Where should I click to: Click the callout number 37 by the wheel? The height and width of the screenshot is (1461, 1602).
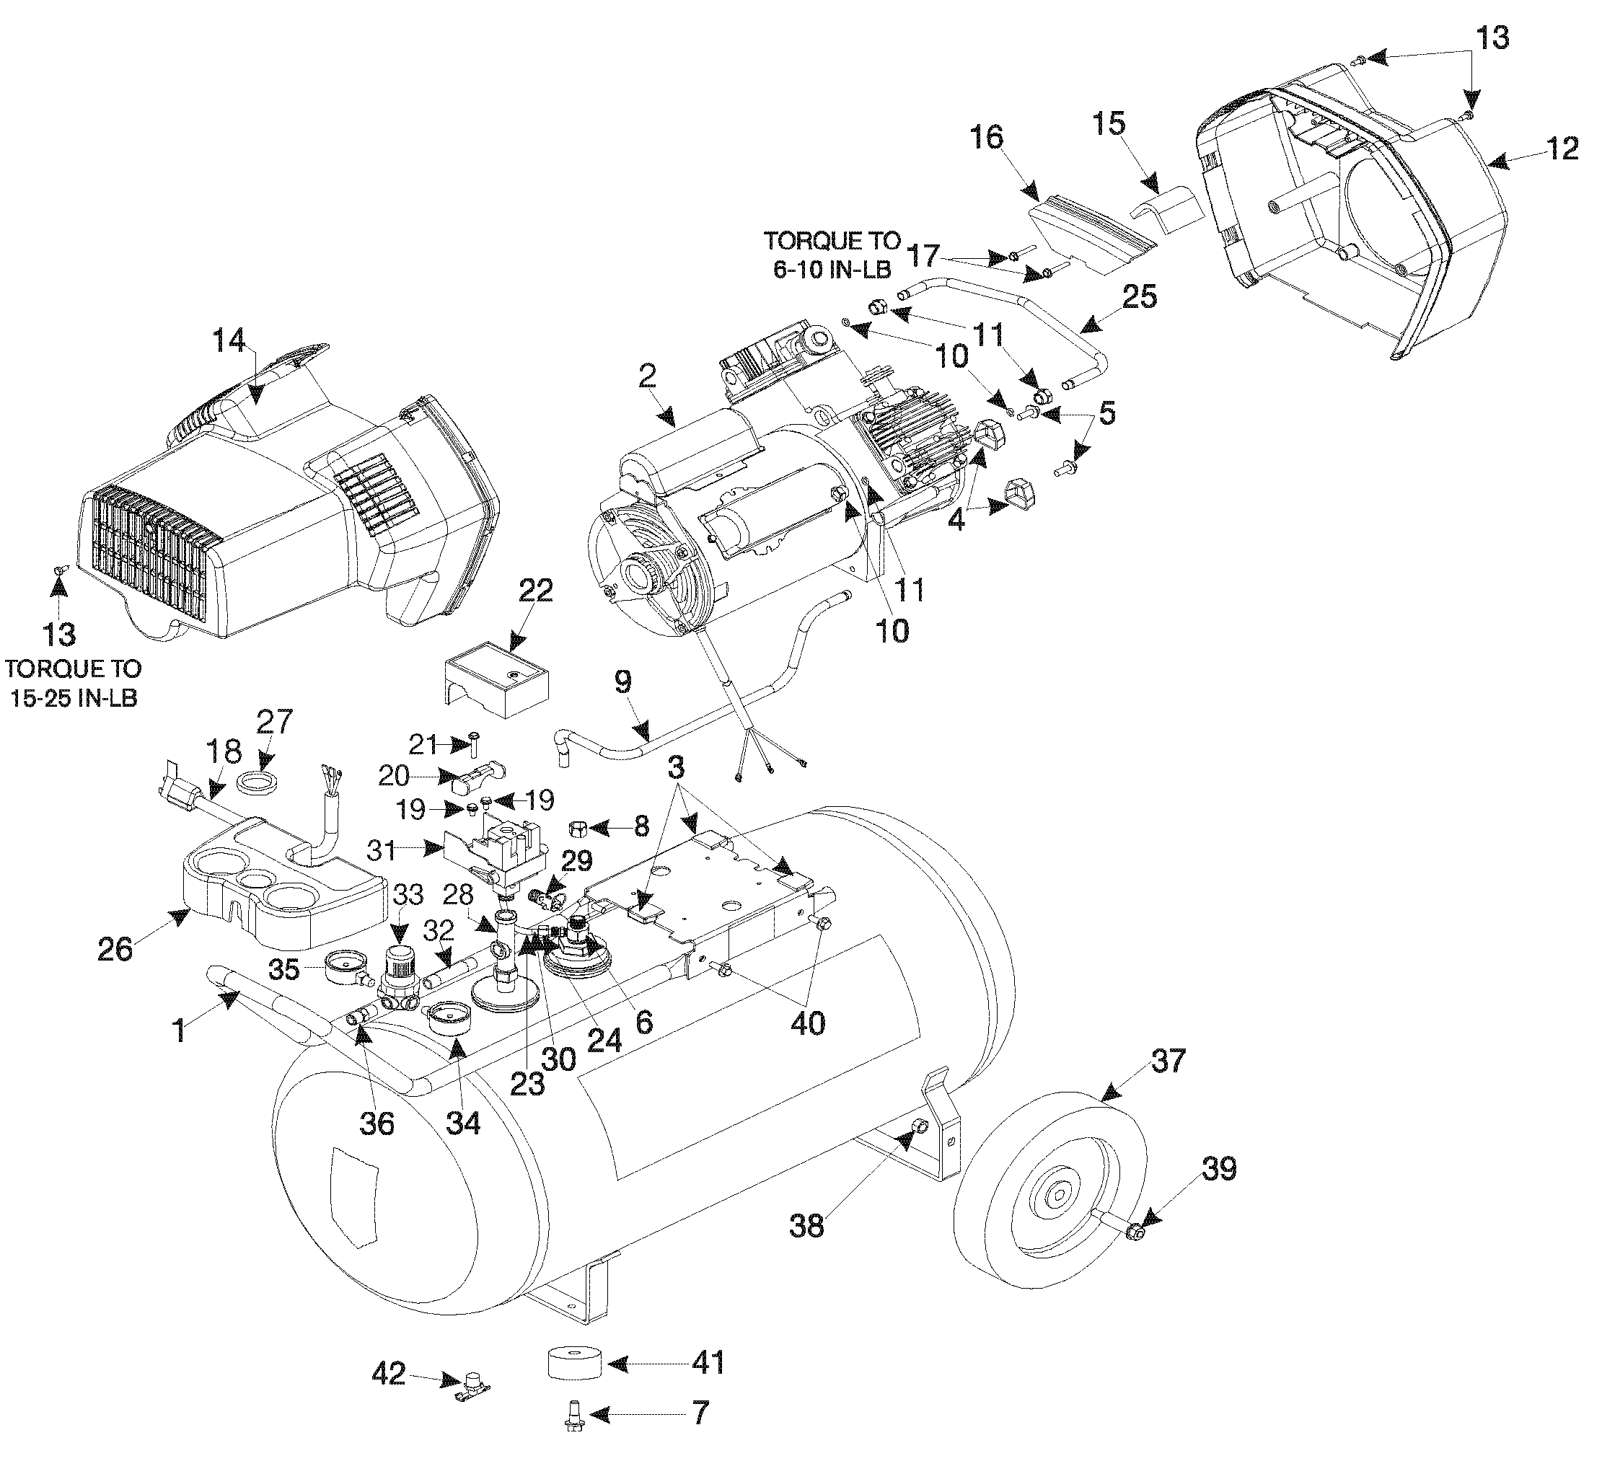(1167, 1061)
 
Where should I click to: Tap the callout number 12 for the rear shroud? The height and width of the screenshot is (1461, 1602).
(1562, 149)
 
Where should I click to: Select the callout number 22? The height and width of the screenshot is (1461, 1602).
(534, 591)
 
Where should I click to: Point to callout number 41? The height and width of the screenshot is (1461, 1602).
(708, 1361)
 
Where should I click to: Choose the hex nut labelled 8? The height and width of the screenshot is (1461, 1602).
(578, 829)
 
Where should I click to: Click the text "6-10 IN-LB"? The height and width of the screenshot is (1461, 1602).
(831, 269)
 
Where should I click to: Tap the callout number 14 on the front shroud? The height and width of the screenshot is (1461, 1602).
(229, 341)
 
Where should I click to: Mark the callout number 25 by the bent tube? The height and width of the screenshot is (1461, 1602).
(1140, 297)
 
